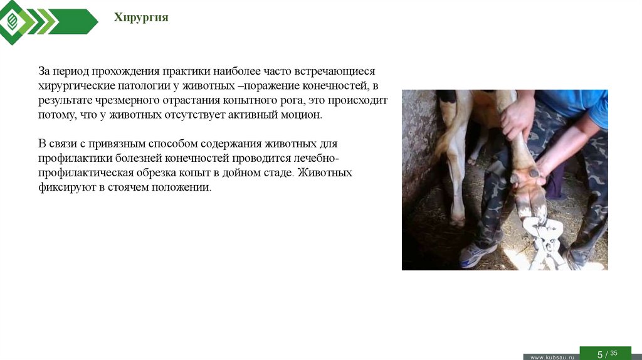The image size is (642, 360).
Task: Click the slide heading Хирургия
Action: [141, 18]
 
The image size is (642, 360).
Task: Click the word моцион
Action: [303, 115]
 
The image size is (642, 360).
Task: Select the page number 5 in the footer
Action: [599, 354]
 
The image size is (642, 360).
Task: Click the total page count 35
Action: [614, 353]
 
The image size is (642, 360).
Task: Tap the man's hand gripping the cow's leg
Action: [518, 115]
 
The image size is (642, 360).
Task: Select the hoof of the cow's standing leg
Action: [457, 220]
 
